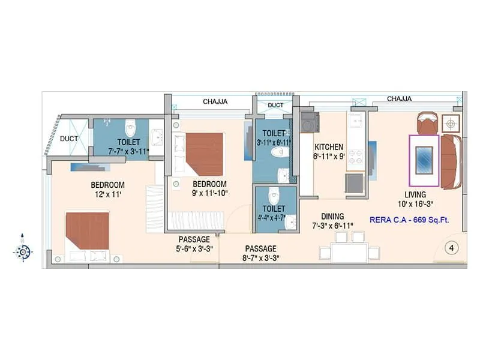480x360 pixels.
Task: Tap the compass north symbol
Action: tap(23, 251)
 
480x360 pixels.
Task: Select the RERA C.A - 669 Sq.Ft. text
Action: tap(410, 220)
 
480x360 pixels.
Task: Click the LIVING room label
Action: tap(415, 194)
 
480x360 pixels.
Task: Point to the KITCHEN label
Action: tap(329, 147)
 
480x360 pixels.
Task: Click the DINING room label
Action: tap(332, 217)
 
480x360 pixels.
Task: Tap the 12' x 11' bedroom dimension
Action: tap(108, 194)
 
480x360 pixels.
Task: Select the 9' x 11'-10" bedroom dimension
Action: tap(209, 194)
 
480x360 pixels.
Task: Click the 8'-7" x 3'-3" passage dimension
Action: tap(260, 259)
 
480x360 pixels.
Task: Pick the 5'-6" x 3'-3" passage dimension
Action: tap(193, 249)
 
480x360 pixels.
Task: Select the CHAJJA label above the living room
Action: tap(399, 98)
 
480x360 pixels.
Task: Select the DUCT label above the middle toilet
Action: tap(275, 105)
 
